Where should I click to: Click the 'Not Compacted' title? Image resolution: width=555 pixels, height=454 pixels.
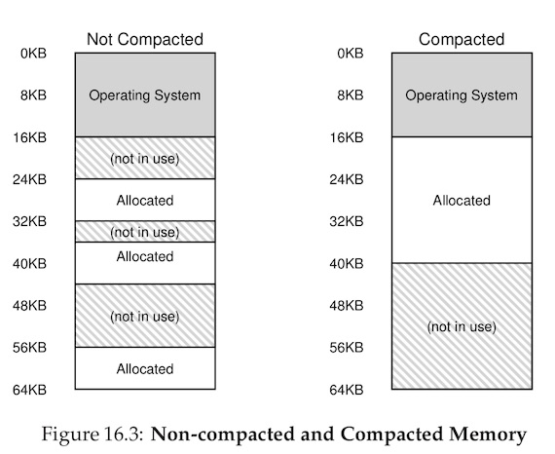coord(145,39)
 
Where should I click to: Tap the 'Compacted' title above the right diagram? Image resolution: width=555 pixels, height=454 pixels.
coord(462,39)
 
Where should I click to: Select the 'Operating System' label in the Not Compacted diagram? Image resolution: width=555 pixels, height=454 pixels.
coord(145,95)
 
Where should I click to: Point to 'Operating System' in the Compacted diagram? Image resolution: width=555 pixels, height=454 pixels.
coord(462,95)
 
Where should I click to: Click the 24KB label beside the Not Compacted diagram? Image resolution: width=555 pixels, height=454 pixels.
coord(30,179)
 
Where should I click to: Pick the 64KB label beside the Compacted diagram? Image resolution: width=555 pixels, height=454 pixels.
coord(347,390)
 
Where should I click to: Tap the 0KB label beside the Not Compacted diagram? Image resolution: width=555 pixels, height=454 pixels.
coord(34,54)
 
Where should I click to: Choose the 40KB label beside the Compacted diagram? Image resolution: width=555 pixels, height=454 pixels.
coord(347,264)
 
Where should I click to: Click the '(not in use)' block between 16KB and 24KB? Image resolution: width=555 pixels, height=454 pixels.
coord(145,158)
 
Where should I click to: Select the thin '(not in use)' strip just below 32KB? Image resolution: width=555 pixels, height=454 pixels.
coord(145,232)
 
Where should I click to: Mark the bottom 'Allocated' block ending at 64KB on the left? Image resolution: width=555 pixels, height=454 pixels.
coord(145,368)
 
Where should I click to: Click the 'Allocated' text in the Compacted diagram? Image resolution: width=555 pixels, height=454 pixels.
coord(462,201)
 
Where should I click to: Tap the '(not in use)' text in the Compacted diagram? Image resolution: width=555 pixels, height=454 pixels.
coord(462,326)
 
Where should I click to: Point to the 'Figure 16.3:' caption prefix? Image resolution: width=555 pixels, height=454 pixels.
coord(92,435)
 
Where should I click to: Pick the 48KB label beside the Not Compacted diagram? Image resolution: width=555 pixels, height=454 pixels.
coord(30,306)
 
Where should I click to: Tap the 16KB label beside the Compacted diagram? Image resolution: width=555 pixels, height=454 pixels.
coord(347,137)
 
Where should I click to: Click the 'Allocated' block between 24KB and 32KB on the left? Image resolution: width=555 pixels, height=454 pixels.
coord(145,200)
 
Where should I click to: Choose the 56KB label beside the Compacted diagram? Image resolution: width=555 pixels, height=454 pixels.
coord(347,348)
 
